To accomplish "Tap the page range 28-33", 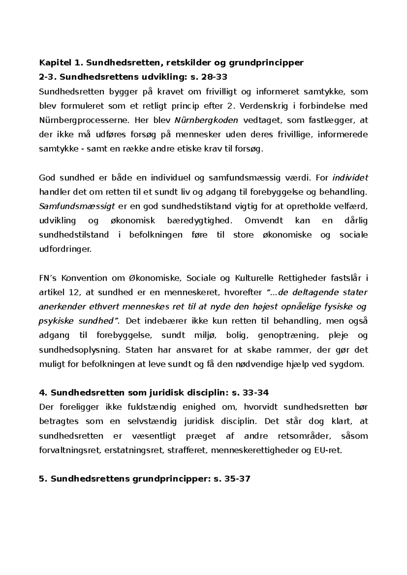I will pos(214,77).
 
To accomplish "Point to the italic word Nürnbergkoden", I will pos(207,120).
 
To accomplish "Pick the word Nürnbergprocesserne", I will pos(84,120).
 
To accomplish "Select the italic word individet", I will pos(351,178).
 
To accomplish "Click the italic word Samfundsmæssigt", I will pos(77,206).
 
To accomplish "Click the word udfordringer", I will pos(65,250).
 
